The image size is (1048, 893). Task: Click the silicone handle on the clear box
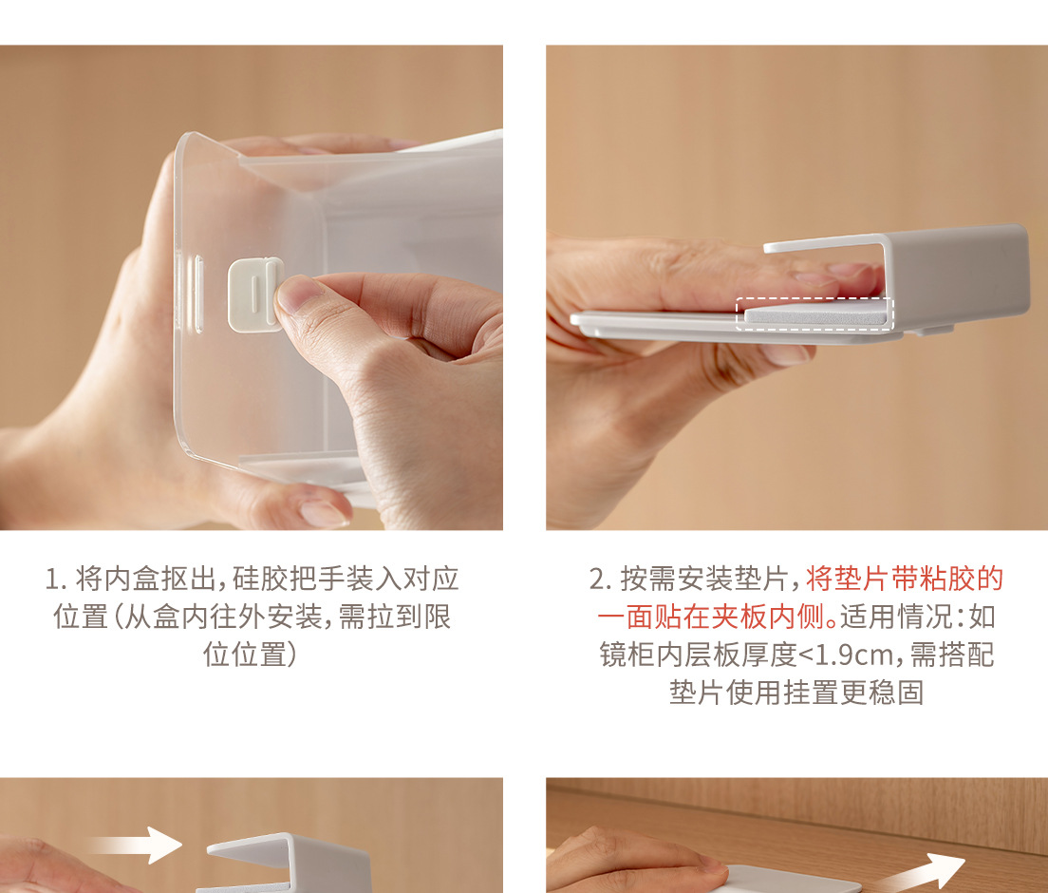tap(254, 295)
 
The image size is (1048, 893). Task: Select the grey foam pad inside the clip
tap(816, 313)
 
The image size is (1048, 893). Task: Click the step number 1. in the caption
tap(55, 579)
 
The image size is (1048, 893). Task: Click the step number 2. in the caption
tap(600, 579)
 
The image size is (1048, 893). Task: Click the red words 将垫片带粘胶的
tap(905, 579)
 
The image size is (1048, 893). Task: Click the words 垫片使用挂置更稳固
tap(796, 693)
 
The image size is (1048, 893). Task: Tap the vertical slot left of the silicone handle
tap(198, 294)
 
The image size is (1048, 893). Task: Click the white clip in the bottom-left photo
tap(289, 863)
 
